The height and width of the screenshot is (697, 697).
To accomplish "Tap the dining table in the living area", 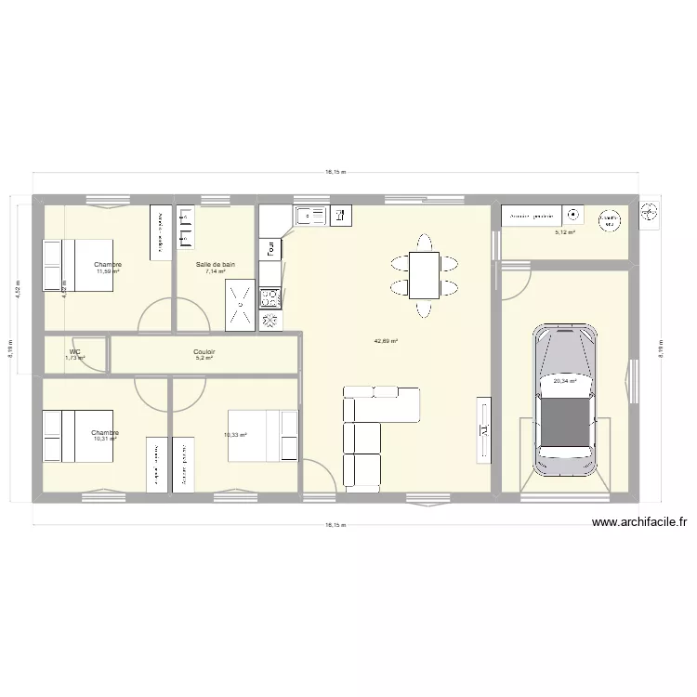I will pos(425,275).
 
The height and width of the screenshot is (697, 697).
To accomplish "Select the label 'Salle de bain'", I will pos(215,264).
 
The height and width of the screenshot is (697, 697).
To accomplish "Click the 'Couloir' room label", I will pos(204,352).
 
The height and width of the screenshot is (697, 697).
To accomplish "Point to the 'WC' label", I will pos(74,351).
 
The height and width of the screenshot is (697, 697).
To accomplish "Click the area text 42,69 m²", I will pos(386,341).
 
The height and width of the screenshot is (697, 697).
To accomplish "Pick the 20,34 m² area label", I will pos(564,380).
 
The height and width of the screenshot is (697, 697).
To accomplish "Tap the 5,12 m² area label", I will pos(564,233).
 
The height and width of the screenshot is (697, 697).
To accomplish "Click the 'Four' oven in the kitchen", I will pos(270,248).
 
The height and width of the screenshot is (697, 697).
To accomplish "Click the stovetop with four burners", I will pos(270,297).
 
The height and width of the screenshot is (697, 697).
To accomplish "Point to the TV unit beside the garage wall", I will pos(483,429).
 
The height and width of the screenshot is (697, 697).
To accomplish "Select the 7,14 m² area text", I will pos(216,271).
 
